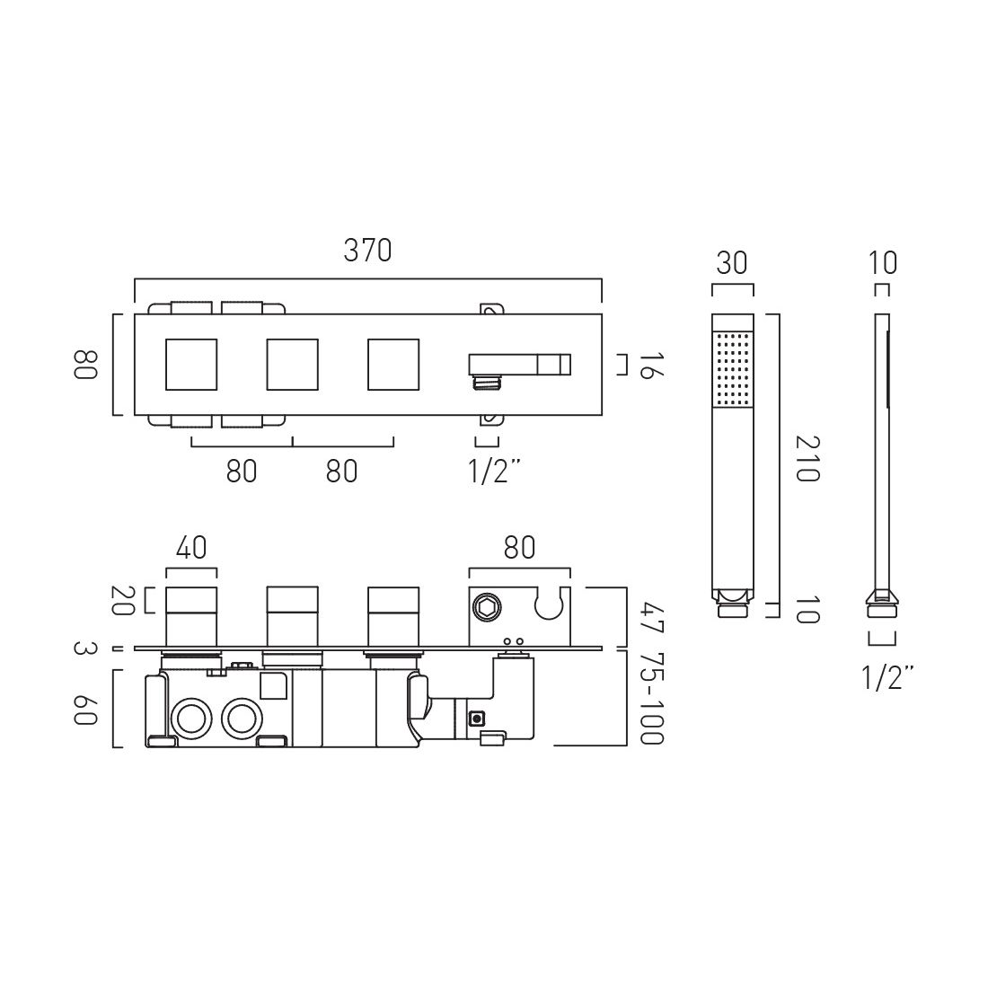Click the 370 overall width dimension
pos(368,251)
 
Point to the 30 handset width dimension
pos(732,263)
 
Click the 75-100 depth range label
pos(652,698)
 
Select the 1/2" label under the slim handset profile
pos(883,678)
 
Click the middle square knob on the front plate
pos(292,366)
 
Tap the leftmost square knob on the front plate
pos(191,366)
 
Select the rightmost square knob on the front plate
pos(393,366)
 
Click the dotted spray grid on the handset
pos(732,368)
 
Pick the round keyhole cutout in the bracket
pos(548,604)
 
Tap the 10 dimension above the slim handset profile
pos(883,263)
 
